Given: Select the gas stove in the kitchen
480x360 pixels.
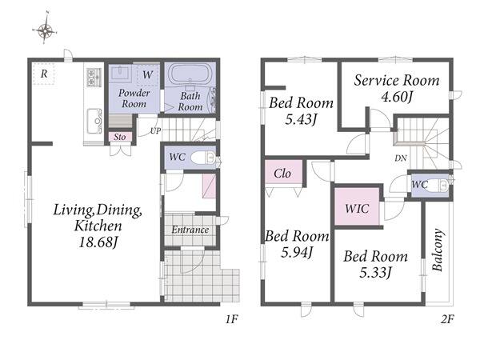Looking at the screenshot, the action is pos(94,77).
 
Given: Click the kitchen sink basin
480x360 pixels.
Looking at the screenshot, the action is pos(94,121).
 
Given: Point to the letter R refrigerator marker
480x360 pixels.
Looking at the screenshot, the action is pos(44,74).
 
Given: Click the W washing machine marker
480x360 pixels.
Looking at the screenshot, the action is pos(147,74).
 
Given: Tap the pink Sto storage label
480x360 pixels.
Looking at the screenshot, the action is pos(120,137).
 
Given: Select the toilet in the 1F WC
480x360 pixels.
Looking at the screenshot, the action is pos(203,158).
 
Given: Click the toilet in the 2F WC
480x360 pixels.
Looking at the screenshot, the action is pos(440,185).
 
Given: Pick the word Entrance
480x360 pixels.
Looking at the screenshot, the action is pos(190,230).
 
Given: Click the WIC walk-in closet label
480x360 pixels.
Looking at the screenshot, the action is pos(357,209).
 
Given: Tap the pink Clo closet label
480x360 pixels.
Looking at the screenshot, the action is pos(282,174).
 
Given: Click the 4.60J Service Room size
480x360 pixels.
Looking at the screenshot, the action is pos(397,97).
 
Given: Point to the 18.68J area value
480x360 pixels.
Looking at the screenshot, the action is pos(98,242).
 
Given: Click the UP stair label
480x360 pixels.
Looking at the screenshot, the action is pos(155,131).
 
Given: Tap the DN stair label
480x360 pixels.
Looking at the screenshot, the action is pos(401,158).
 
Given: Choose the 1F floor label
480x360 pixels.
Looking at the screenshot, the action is pos(232,319).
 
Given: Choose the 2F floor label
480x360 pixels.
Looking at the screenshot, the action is pos(447,319).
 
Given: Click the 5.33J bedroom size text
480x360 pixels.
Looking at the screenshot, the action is pos(376,273).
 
